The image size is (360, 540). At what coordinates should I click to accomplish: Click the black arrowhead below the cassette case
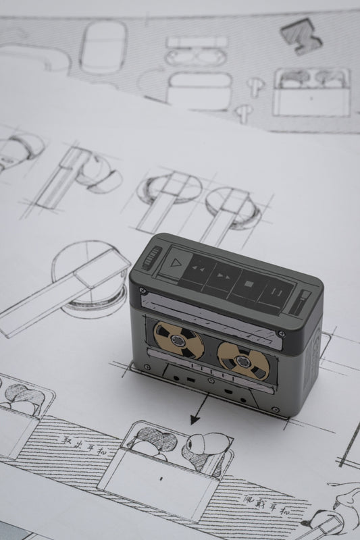[x=195, y=419]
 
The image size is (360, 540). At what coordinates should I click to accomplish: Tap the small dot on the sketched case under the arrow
[x=161, y=479]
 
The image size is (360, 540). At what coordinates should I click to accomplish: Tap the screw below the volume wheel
[x=141, y=290]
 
